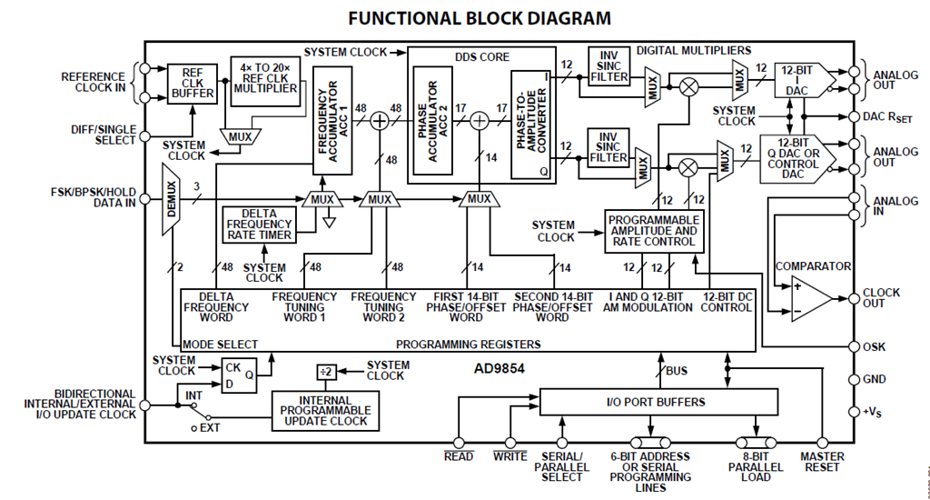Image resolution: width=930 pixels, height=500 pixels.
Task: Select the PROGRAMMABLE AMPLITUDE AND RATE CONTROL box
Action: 654,231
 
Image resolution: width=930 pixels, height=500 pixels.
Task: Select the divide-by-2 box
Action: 326,373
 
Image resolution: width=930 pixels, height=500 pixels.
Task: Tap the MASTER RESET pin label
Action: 822,462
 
